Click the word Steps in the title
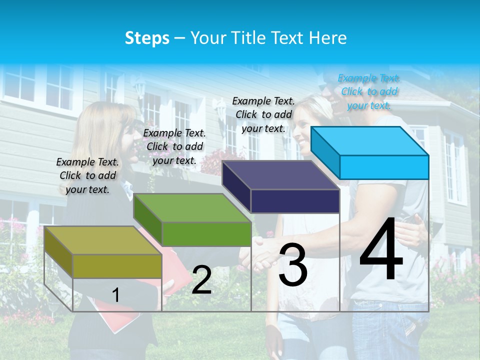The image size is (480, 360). point(147,38)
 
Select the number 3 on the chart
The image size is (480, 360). point(293,265)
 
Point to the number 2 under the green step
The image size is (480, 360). point(201,280)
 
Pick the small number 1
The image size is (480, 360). point(116,295)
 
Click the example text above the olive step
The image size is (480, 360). point(87,175)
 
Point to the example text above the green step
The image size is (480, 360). point(174,146)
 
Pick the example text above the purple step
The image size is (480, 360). point(263,114)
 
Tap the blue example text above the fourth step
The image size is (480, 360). point(369,91)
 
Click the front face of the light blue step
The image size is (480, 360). point(384,167)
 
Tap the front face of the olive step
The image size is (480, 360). point(117,266)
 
